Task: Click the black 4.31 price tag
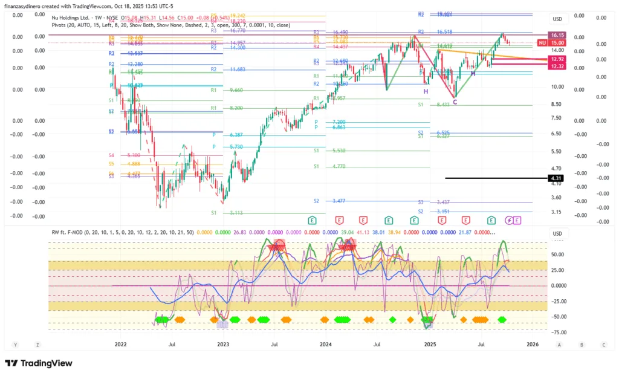556,178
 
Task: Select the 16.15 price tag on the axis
556,36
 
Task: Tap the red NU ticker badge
543,43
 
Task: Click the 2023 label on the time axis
223,345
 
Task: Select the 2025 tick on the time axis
430,345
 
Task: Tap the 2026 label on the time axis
533,345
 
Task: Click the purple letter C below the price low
455,102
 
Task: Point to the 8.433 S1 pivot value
444,105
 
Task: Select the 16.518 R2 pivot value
444,31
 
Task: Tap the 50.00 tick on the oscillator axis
558,255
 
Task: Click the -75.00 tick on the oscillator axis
558,332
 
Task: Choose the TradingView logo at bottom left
39,363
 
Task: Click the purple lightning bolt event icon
508,220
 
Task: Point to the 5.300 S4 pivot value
134,155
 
